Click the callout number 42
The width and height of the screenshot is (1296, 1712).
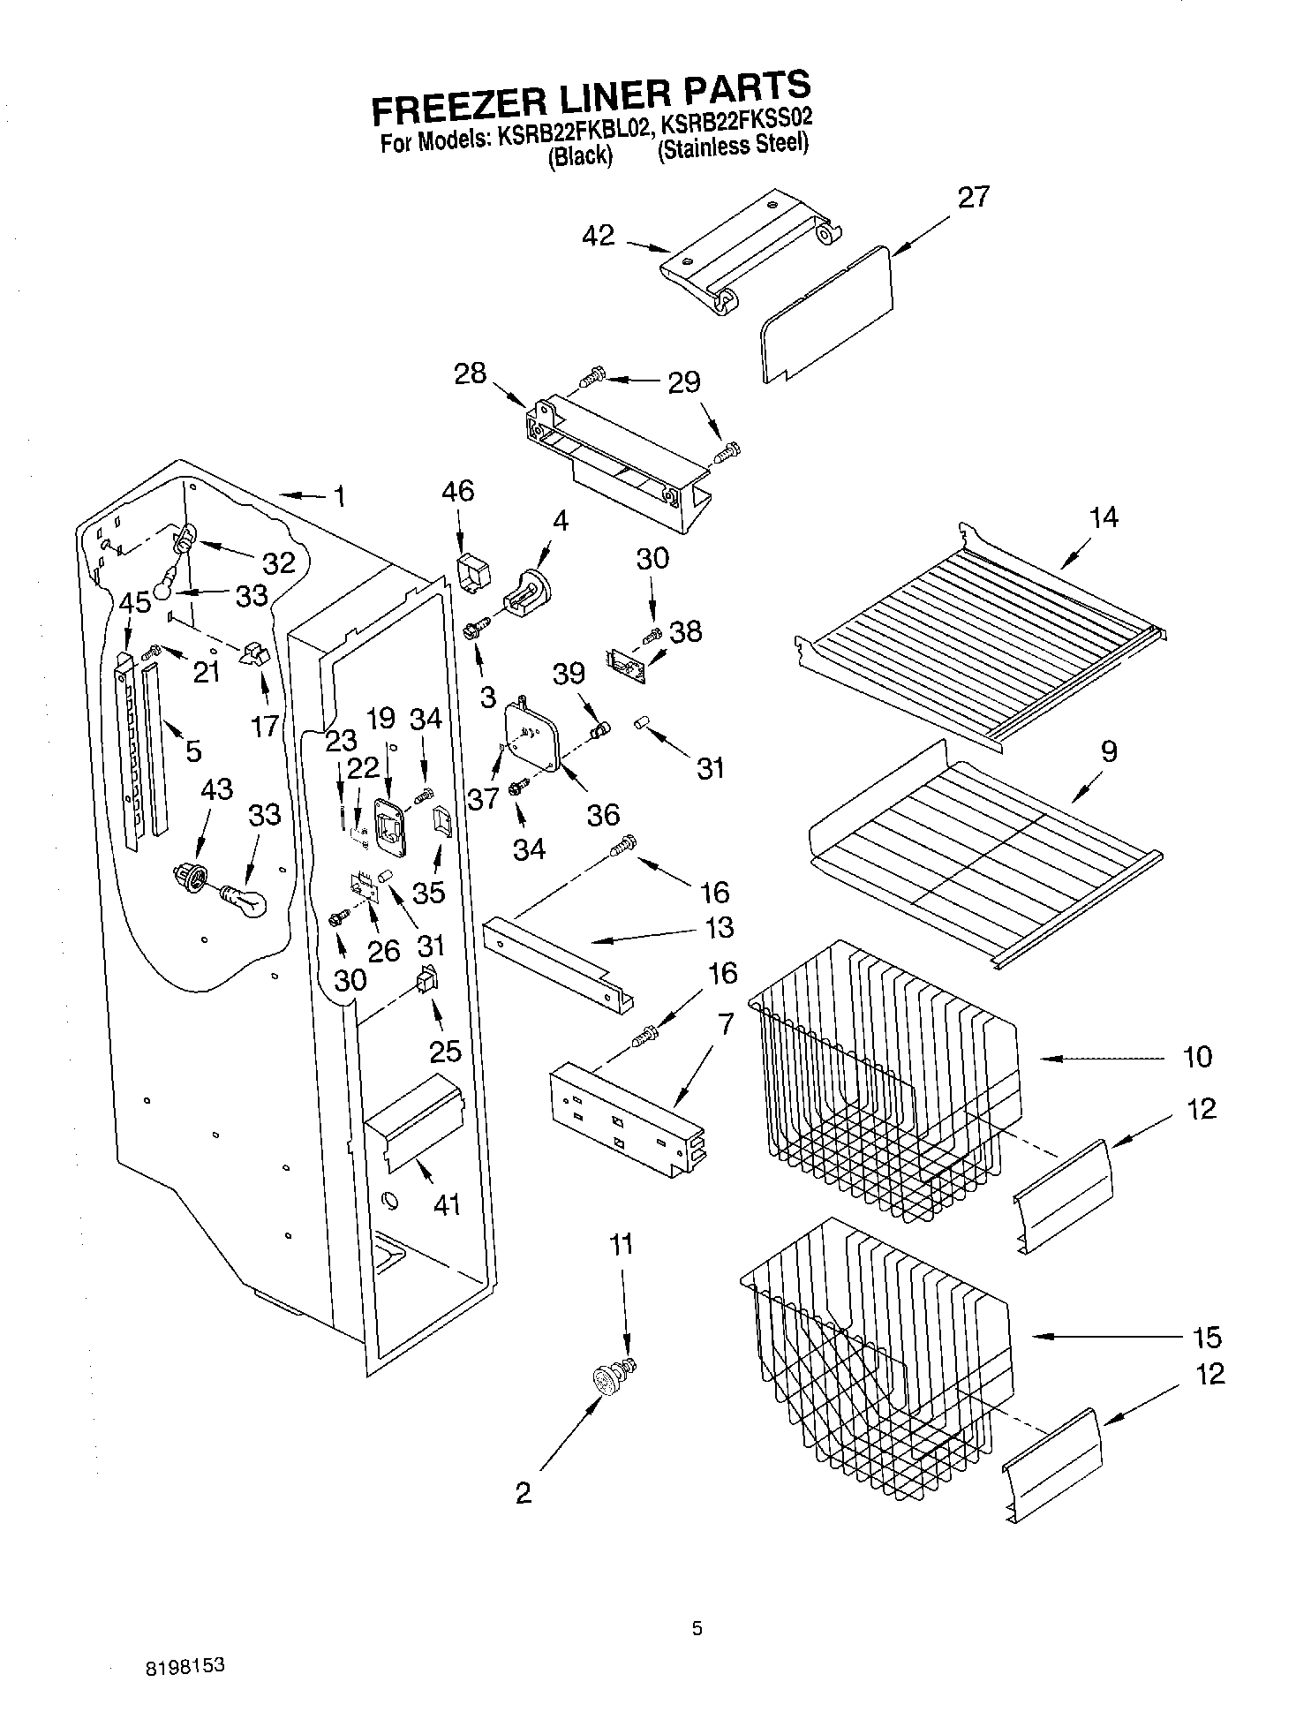click(599, 236)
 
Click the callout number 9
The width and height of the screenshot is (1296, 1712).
click(1109, 751)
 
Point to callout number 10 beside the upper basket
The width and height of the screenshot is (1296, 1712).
click(1196, 1057)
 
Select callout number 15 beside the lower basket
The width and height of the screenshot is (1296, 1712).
click(1207, 1338)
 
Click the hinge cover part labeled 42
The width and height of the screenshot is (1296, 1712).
click(750, 247)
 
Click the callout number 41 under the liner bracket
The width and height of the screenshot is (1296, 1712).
click(447, 1203)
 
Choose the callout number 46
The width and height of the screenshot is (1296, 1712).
click(459, 490)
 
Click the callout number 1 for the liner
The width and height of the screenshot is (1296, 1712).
click(339, 497)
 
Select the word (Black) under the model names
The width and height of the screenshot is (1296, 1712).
click(579, 156)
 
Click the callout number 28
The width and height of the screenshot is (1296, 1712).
click(470, 373)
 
